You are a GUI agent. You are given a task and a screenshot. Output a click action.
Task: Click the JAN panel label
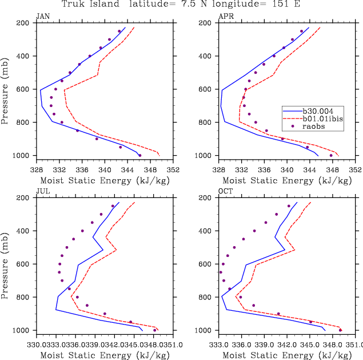point(43,17)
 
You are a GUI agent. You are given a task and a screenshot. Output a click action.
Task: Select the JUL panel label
point(43,192)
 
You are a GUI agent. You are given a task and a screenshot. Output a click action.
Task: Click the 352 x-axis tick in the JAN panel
point(173,169)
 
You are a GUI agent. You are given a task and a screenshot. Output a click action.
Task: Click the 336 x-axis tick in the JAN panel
point(82,169)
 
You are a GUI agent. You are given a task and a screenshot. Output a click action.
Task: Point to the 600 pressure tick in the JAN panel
point(24,89)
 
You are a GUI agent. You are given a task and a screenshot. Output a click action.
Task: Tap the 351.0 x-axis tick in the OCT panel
point(354,345)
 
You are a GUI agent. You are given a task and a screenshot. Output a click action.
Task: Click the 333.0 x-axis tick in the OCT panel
point(219,345)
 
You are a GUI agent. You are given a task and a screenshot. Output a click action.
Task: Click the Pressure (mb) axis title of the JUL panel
point(5,264)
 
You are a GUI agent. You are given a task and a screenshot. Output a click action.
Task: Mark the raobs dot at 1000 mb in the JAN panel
point(139,155)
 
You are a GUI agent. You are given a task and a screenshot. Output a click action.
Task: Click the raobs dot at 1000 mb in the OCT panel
point(340,330)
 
